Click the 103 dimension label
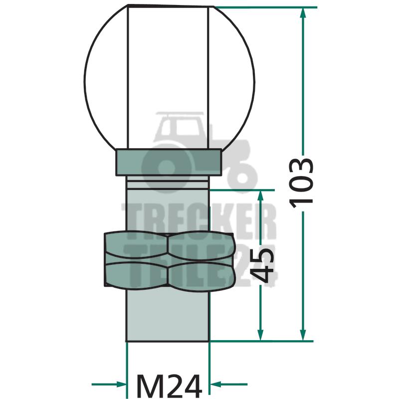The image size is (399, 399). tap(301, 183)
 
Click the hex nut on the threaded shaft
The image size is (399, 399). tap(169, 259)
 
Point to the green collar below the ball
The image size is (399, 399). tap(169, 163)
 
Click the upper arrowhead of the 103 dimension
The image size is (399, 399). tap(303, 13)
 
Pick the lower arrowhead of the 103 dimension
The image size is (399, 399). tap(303, 335)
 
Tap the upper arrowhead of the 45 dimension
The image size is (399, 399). tap(260, 196)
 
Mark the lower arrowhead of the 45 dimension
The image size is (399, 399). tap(260, 335)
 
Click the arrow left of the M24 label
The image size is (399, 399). tap(109, 384)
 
